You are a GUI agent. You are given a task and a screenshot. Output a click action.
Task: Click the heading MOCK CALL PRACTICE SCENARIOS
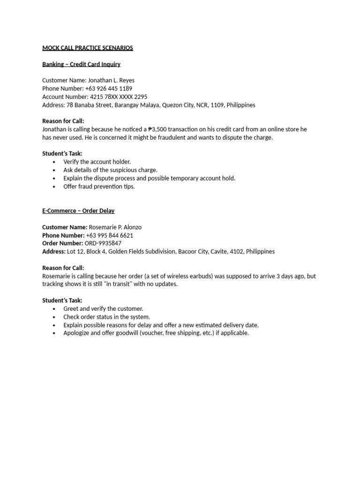click(x=88, y=48)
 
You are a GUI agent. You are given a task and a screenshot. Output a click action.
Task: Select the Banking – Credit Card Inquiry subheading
click(x=81, y=64)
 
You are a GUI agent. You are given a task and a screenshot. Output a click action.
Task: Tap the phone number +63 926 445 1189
click(x=109, y=89)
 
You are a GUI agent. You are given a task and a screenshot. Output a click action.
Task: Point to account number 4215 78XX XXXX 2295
click(x=118, y=97)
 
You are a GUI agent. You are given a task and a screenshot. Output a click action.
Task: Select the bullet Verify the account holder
click(x=97, y=162)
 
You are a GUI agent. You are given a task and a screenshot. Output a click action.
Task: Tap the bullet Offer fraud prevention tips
click(x=99, y=187)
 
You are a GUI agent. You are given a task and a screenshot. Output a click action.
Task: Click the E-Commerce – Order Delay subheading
click(x=78, y=211)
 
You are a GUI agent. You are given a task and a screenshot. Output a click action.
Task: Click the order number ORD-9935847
click(x=103, y=243)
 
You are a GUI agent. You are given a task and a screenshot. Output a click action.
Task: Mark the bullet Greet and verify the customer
click(x=103, y=309)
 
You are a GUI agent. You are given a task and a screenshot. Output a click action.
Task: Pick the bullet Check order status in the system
click(x=106, y=317)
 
